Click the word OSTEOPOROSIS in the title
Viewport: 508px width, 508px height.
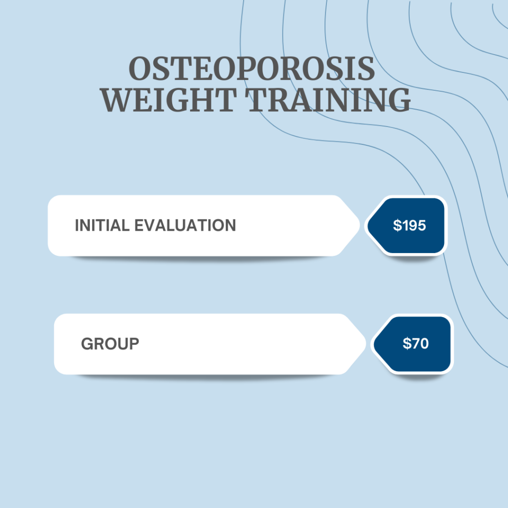click(252, 68)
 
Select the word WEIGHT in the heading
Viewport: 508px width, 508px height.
click(168, 100)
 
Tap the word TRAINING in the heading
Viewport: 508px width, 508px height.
click(327, 100)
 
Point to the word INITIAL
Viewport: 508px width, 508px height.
click(102, 225)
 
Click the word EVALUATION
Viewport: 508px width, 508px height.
click(185, 225)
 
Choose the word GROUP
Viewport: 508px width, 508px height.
click(110, 344)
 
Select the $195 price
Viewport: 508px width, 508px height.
click(409, 225)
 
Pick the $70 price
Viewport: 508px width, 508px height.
click(416, 343)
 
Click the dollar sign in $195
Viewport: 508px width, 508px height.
click(397, 225)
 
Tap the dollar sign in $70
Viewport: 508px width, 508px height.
click(407, 343)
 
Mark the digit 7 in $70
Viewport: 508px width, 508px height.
click(416, 343)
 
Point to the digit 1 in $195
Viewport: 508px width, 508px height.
click(405, 225)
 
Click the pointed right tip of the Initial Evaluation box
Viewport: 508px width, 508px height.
click(360, 225)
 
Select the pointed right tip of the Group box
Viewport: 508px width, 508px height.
click(366, 344)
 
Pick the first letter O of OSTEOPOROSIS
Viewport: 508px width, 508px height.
click(139, 68)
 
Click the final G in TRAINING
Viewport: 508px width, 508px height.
click(400, 100)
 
